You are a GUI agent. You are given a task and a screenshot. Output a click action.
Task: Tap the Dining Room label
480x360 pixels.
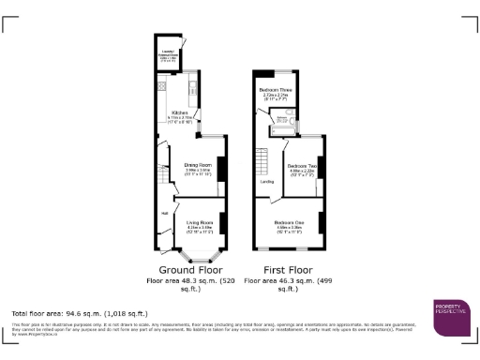pos(197,167)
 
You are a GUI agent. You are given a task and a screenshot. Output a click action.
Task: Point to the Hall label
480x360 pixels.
pos(165,214)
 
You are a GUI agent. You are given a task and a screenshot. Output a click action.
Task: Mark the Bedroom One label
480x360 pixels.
pos(288,224)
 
